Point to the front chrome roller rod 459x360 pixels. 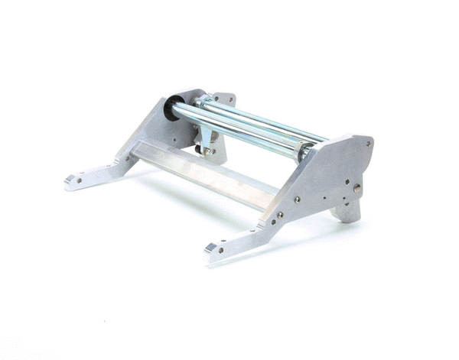pos(237,130)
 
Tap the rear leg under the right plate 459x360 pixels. pos(348,209)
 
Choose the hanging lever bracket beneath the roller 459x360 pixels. pos(205,135)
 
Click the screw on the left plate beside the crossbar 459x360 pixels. pos(119,160)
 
